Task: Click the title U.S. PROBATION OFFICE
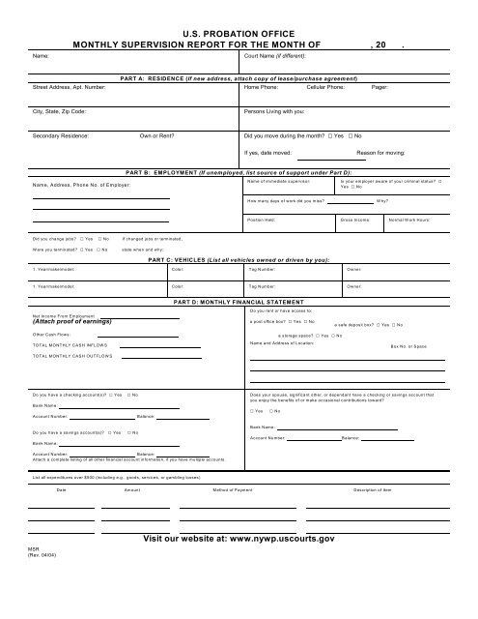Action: pyautogui.click(x=238, y=33)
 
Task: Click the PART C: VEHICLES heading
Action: pyautogui.click(x=238, y=260)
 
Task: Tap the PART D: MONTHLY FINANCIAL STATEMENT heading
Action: pyautogui.click(x=238, y=303)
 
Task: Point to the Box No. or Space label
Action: pyautogui.click(x=409, y=345)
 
